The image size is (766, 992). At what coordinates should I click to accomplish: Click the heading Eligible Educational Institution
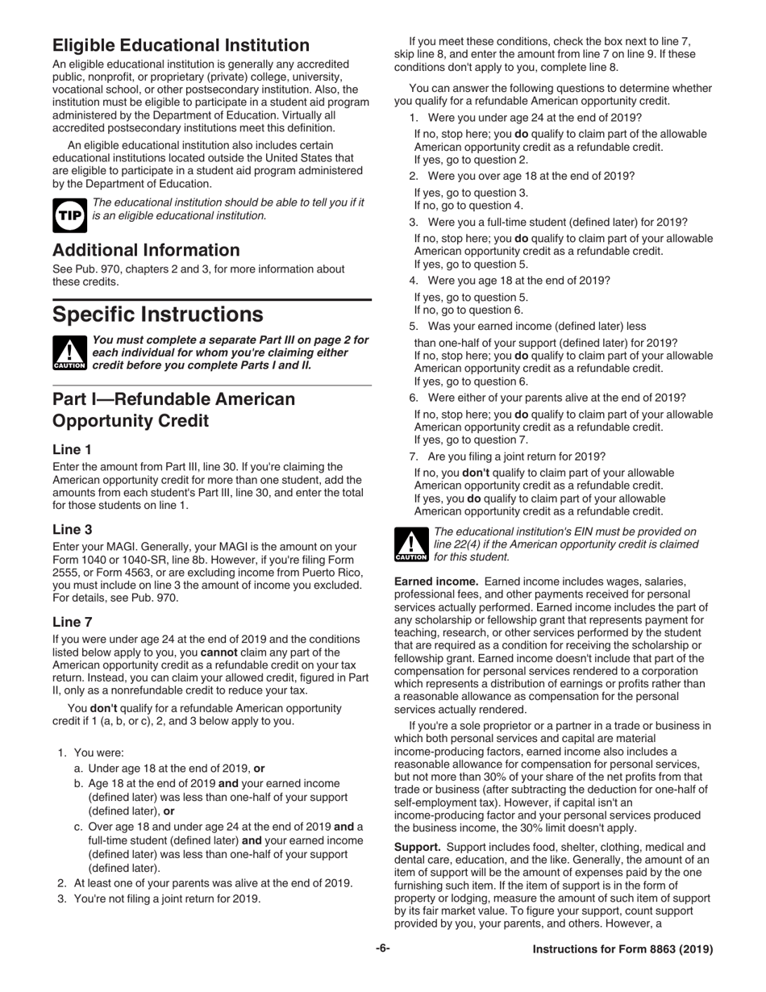[x=181, y=45]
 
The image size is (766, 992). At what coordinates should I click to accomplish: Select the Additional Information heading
[x=146, y=250]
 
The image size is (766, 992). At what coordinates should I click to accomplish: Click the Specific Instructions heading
[x=157, y=313]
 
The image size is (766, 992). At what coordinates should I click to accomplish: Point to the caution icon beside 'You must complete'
[x=69, y=353]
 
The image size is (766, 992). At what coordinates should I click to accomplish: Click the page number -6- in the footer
[x=382, y=948]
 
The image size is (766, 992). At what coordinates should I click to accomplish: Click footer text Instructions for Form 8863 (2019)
[x=622, y=949]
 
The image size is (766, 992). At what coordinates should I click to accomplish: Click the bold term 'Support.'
[x=417, y=847]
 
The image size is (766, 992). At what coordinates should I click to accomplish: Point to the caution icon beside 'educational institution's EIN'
[x=411, y=544]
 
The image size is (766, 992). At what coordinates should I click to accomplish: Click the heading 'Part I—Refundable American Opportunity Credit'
[x=173, y=410]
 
